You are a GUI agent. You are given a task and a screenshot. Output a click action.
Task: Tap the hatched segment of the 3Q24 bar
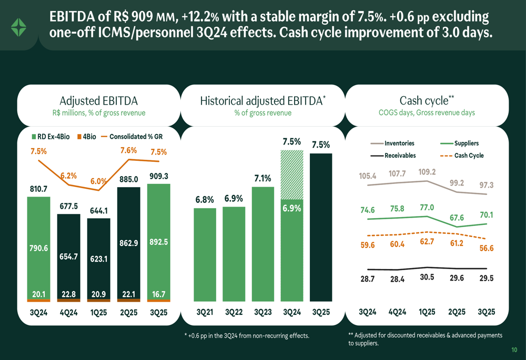tap(292, 174)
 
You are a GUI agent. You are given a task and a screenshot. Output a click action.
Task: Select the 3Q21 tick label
tap(205, 312)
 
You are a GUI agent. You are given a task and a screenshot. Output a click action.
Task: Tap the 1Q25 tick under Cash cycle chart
tap(427, 312)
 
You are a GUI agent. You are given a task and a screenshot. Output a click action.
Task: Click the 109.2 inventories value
tap(427, 172)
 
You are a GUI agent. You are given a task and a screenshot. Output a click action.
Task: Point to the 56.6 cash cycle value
tap(487, 249)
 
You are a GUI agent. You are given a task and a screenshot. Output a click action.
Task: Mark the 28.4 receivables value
tap(398, 279)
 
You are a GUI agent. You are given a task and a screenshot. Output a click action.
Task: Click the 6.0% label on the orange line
tap(98, 181)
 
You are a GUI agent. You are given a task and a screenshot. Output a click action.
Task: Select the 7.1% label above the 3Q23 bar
tap(262, 179)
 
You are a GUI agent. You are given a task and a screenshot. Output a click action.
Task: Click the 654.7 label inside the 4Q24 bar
tap(68, 256)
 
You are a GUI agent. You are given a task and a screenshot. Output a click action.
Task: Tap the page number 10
tap(514, 350)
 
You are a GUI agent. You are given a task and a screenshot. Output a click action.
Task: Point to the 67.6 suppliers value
tap(457, 217)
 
